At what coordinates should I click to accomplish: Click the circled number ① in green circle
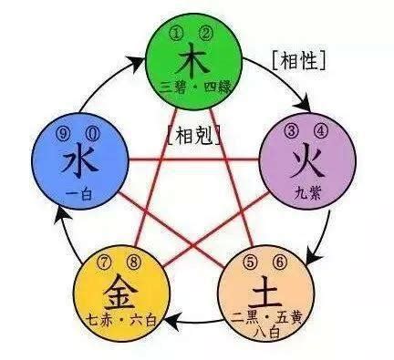point(179,35)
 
